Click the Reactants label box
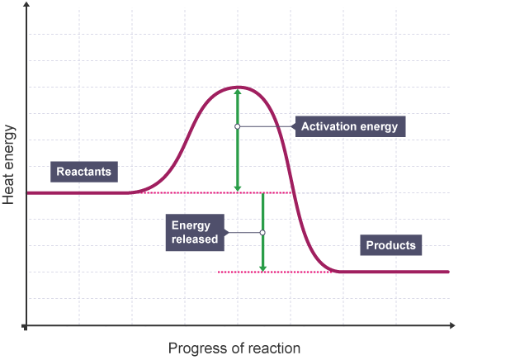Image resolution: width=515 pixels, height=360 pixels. click(x=83, y=173)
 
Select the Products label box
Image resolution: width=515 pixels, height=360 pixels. click(x=390, y=245)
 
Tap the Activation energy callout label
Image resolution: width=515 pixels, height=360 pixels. click(x=349, y=126)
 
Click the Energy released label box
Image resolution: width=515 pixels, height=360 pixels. click(x=195, y=232)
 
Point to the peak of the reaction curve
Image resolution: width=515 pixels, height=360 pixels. click(x=237, y=87)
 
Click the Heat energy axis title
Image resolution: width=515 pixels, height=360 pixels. click(x=10, y=165)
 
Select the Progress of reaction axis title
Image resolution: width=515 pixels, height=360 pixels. click(x=234, y=348)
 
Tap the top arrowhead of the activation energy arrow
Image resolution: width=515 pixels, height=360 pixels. click(x=237, y=92)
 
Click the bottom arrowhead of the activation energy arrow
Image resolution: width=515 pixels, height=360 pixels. click(x=237, y=187)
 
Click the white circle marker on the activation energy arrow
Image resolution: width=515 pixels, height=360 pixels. click(x=237, y=126)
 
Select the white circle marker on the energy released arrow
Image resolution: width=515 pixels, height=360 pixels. click(x=262, y=232)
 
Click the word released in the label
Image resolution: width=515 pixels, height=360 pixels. click(x=195, y=239)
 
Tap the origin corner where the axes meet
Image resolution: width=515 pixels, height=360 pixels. click(x=27, y=327)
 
